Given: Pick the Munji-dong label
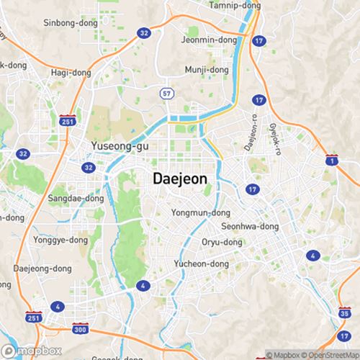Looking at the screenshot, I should click(x=206, y=70).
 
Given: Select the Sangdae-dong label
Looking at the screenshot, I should click(x=76, y=198).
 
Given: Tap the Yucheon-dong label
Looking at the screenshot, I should click(x=202, y=264).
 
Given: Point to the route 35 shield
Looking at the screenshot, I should click(x=343, y=313).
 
